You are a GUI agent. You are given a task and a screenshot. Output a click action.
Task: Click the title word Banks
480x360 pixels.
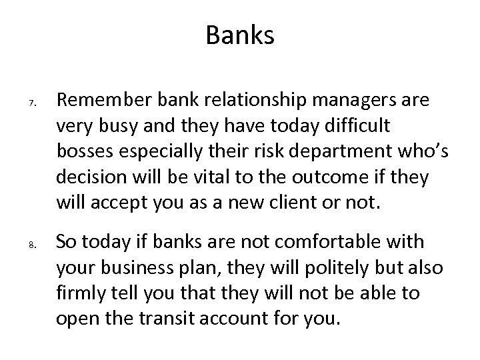coord(240,35)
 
